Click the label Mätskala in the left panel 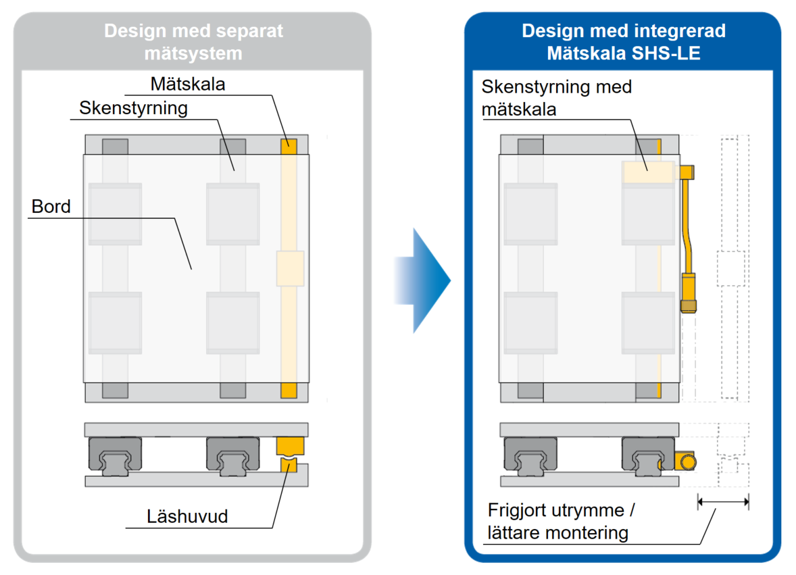point(188,84)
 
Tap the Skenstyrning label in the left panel point(134,108)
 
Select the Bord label point(51,207)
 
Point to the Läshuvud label point(187,516)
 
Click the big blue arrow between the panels point(423,280)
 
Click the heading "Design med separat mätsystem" point(193,42)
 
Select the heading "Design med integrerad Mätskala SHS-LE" point(624,42)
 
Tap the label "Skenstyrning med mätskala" point(556,97)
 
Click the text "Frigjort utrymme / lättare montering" point(561,521)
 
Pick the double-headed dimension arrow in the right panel point(724,502)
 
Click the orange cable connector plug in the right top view point(689,293)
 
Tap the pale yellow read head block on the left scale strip point(291,268)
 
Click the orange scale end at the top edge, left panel point(289,146)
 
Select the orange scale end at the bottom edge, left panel point(289,391)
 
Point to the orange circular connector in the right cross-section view point(689,462)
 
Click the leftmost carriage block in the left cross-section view point(116,456)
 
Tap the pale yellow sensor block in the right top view point(648,172)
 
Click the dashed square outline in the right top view point(731,268)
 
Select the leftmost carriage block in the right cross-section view point(530,456)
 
